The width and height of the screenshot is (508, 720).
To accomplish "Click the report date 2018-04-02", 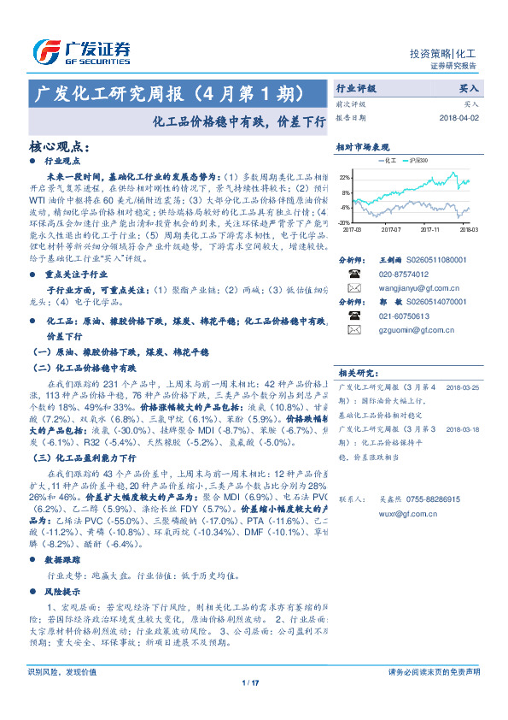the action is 461,117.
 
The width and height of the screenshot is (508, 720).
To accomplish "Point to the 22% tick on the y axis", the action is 345,177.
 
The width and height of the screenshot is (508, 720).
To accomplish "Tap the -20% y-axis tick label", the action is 345,222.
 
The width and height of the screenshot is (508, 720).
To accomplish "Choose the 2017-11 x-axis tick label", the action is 429,230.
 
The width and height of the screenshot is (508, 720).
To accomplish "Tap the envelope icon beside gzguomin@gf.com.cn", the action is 353,330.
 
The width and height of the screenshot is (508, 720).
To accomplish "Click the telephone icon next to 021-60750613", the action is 353,315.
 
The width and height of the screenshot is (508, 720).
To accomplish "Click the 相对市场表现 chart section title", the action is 362,147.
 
